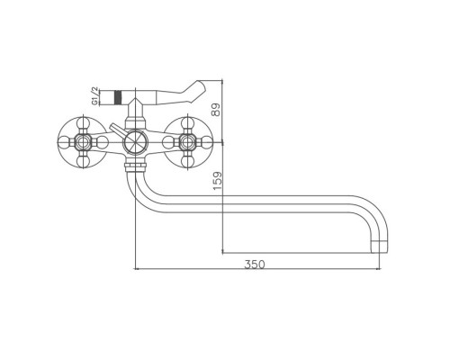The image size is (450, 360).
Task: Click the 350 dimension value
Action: click(x=255, y=265)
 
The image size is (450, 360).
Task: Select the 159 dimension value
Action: click(x=217, y=180)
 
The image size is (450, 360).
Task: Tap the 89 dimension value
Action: click(x=216, y=110)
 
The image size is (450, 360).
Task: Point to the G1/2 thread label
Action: click(x=94, y=95)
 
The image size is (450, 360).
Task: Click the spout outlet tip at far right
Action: click(x=380, y=247)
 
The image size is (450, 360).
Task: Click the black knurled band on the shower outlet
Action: click(x=118, y=97)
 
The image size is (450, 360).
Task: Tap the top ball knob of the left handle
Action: click(x=83, y=123)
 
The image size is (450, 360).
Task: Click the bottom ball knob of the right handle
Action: click(x=187, y=161)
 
